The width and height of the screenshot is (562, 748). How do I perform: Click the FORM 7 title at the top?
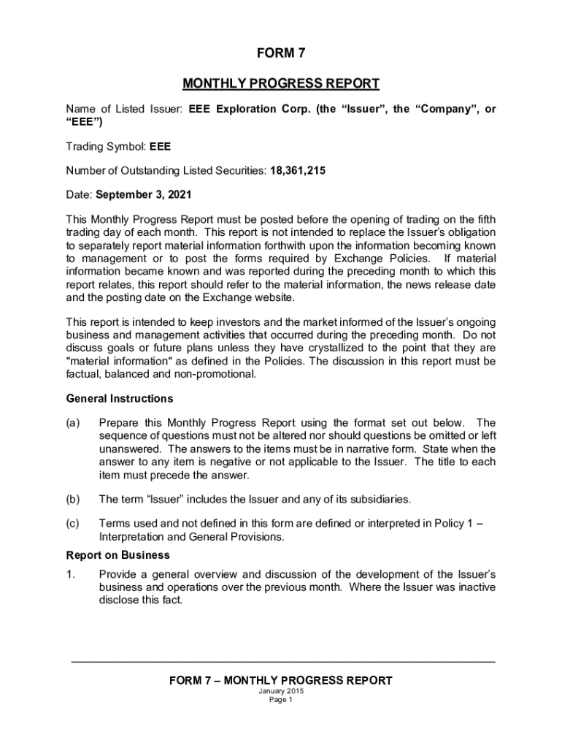[x=280, y=53]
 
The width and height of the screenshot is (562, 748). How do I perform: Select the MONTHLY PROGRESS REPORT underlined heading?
[x=280, y=83]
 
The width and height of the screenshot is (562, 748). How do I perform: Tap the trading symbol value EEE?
[x=160, y=147]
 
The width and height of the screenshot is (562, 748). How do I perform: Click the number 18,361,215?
[x=298, y=171]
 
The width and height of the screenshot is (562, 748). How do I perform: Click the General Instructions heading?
[x=120, y=399]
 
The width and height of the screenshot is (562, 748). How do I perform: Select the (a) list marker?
[x=73, y=423]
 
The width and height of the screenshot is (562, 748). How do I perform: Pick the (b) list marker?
[x=73, y=500]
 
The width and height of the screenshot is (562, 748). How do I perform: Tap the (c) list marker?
[x=73, y=524]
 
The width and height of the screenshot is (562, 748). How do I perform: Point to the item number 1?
[x=70, y=574]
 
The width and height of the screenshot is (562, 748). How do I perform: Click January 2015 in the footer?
[x=280, y=691]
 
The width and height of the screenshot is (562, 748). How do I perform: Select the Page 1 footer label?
[x=280, y=700]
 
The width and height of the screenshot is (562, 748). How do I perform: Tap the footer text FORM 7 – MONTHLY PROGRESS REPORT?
[x=280, y=681]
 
